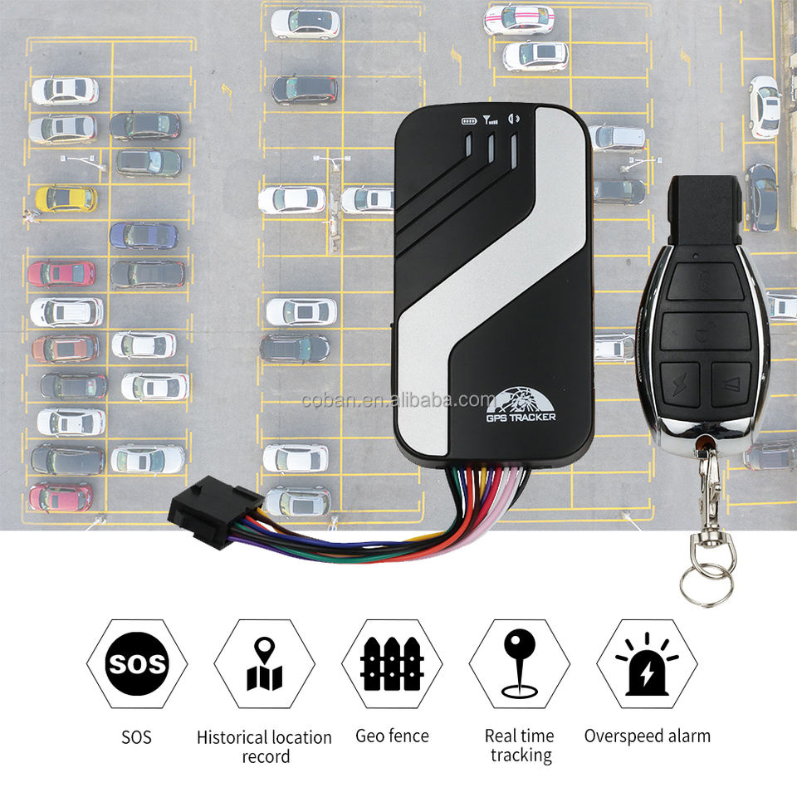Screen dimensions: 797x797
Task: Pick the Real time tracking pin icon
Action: click(520, 663)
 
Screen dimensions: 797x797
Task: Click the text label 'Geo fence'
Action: click(392, 736)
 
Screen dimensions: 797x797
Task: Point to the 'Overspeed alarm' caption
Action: click(647, 736)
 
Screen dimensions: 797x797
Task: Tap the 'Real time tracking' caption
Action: click(520, 745)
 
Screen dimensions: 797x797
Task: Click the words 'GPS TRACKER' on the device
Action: click(521, 417)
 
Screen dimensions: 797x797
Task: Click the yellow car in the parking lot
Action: click(66, 198)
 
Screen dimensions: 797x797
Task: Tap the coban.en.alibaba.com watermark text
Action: click(398, 400)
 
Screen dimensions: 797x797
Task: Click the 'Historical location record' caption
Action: click(264, 746)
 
